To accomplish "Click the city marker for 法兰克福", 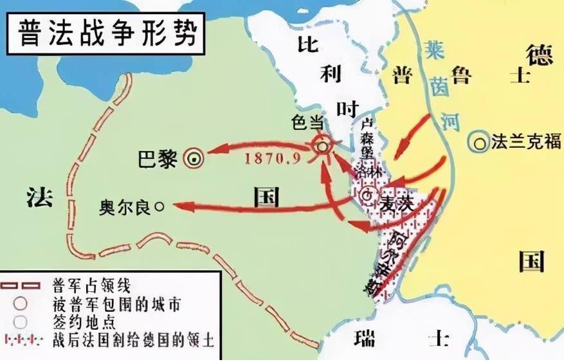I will point(478,142).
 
